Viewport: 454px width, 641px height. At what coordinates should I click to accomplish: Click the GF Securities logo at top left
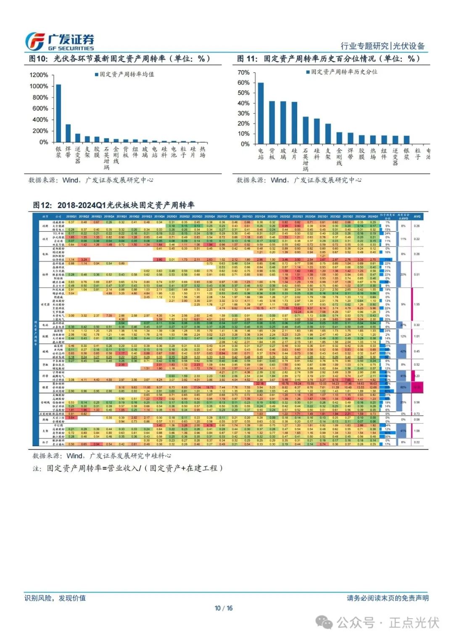(x=59, y=42)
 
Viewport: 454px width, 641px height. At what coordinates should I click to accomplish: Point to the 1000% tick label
(x=39, y=86)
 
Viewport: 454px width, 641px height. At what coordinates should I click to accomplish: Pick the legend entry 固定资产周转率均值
(x=124, y=74)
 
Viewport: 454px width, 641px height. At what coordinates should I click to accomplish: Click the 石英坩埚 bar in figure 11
(x=306, y=130)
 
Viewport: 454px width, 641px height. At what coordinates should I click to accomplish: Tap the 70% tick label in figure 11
(x=243, y=72)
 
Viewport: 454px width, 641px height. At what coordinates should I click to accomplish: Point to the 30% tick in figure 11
(x=243, y=113)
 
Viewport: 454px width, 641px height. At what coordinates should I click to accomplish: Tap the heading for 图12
(x=113, y=205)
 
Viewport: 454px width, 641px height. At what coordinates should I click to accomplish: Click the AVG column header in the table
(x=417, y=217)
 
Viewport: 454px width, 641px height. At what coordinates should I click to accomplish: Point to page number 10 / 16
(x=224, y=608)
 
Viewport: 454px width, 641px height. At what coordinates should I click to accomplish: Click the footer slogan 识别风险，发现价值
(x=55, y=598)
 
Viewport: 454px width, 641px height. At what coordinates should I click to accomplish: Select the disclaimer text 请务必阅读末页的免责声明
(x=388, y=598)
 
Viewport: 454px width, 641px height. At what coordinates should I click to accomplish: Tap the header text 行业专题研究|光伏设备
(x=383, y=46)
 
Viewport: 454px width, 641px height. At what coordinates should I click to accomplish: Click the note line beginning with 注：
(x=127, y=468)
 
